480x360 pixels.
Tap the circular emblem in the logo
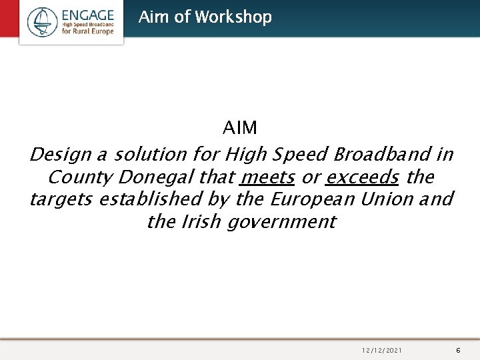point(43,21)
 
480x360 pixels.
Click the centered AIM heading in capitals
point(240,127)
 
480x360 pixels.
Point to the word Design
point(61,155)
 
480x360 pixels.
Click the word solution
point(150,155)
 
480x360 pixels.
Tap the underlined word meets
point(267,177)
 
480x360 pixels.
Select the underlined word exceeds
point(362,177)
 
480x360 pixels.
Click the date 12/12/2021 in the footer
point(383,349)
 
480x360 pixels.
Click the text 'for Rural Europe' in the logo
point(88,31)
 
